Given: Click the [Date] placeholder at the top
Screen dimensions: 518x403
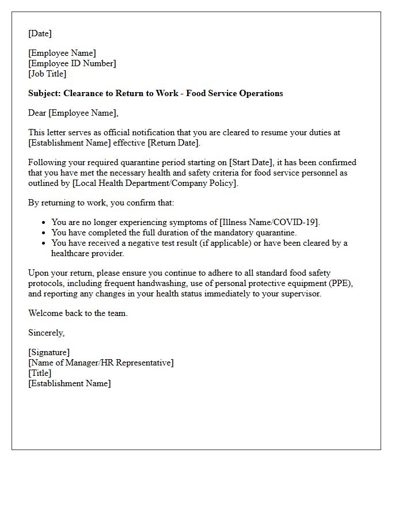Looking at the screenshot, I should pos(40,34).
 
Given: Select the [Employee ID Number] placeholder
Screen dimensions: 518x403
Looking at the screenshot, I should pos(72,64).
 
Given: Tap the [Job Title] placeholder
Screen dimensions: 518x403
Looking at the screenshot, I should pos(47,74).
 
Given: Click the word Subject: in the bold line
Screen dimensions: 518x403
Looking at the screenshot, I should pos(44,93).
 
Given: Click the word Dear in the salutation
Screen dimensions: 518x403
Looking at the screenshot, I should pos(37,113).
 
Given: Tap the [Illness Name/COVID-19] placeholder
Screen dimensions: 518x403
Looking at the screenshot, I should pos(269,222).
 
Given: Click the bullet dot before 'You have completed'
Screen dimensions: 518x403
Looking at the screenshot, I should pos(44,233).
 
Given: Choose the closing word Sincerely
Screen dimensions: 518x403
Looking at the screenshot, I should pos(46,333).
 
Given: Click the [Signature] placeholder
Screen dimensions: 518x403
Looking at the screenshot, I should pos(49,353).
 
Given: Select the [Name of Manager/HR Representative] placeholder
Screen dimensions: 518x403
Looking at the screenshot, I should pos(101,363).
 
